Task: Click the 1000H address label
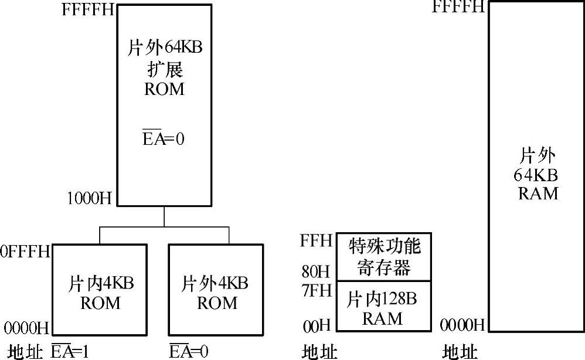(89, 198)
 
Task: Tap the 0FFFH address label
(25, 252)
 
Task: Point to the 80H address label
(316, 271)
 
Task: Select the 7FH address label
(317, 290)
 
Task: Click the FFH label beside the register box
(316, 240)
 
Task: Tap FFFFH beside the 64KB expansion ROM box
(87, 11)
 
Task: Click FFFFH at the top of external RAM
(458, 7)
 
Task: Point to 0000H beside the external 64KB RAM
(462, 325)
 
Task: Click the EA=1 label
(70, 351)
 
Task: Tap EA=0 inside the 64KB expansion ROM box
(164, 140)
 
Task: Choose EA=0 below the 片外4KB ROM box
(189, 351)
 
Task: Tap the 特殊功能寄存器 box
(384, 256)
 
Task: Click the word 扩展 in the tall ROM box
(164, 69)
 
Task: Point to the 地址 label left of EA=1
(25, 352)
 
